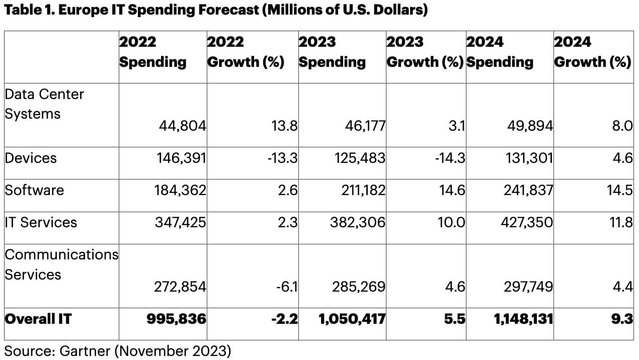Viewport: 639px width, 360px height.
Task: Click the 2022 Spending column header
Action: coord(152,52)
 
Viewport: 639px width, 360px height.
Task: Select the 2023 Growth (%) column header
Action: coord(425,52)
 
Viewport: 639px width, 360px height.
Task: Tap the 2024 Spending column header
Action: coord(500,52)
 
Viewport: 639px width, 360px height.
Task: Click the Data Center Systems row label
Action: coord(44,104)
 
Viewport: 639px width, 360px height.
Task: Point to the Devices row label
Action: coord(31,158)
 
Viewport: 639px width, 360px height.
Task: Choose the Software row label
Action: coord(34,190)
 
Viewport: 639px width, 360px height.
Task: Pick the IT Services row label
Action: coord(41,222)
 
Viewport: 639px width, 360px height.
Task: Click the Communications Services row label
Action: coord(61,264)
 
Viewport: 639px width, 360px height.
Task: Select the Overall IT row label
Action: coord(38,319)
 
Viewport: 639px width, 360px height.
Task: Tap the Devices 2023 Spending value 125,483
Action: coord(360,158)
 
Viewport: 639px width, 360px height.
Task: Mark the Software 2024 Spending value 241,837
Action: coord(528,190)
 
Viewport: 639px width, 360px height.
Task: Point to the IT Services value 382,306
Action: coord(358,222)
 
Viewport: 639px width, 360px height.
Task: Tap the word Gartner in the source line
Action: coord(84,350)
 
